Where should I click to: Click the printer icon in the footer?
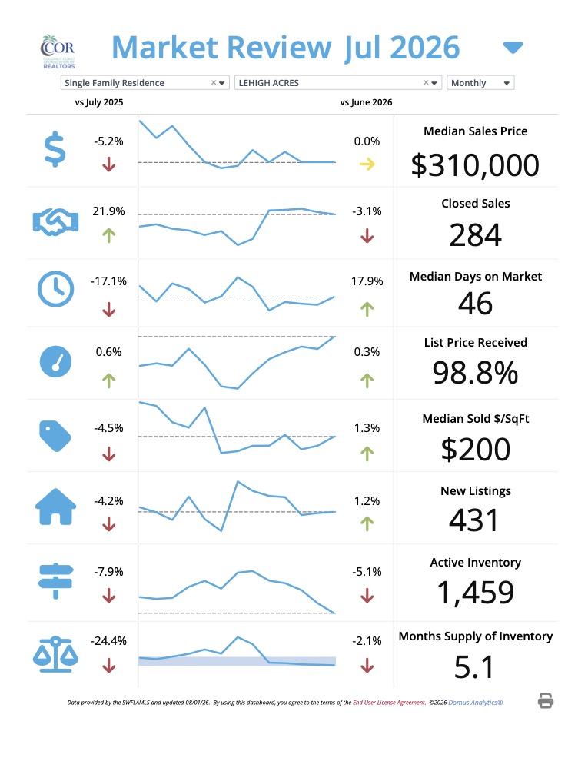click(545, 700)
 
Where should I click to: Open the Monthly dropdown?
click(480, 83)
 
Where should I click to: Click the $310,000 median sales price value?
click(475, 165)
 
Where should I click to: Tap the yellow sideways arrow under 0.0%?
click(367, 164)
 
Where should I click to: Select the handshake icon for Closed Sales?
click(55, 222)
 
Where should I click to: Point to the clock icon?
click(56, 289)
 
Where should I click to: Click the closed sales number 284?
click(475, 235)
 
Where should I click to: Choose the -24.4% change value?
click(108, 640)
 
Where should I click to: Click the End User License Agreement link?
click(389, 703)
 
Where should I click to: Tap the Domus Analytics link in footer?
click(476, 703)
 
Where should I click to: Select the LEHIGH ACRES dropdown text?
click(269, 83)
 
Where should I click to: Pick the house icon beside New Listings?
click(56, 507)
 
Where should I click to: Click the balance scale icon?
click(56, 654)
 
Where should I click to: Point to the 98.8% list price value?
click(475, 373)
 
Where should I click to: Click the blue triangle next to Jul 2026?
click(513, 48)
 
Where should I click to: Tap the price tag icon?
click(55, 436)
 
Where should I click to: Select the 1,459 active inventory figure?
click(475, 593)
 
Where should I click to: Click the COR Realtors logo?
click(58, 51)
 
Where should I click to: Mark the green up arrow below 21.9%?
click(108, 236)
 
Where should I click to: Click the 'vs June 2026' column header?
click(366, 102)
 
